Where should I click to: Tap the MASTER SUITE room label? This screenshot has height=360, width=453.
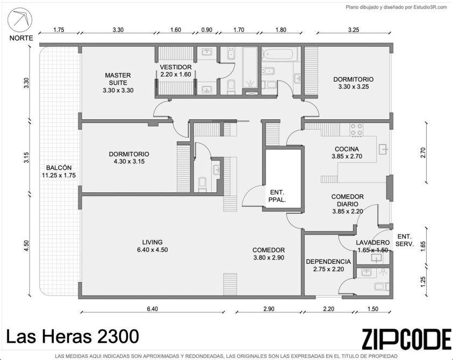(118, 79)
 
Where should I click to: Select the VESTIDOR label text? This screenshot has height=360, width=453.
(176, 67)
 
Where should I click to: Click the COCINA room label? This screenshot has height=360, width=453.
(347, 149)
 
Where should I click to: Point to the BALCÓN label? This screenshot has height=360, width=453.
(59, 168)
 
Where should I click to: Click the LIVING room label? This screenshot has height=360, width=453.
(152, 242)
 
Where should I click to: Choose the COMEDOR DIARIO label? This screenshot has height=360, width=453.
(347, 200)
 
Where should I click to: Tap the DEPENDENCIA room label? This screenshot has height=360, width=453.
(328, 262)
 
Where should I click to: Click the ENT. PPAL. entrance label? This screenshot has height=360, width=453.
(277, 196)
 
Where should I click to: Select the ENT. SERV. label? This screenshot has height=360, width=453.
(405, 240)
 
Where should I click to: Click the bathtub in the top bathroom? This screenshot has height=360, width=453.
(278, 54)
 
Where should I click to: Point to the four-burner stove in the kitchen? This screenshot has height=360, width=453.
(356, 129)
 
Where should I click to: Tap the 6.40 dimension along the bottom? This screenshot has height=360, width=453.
(152, 309)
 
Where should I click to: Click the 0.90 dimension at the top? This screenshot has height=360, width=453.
(206, 30)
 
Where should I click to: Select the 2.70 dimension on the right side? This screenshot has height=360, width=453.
(423, 152)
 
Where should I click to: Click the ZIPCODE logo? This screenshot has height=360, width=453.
(406, 339)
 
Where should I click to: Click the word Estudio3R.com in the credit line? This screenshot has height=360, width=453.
(430, 8)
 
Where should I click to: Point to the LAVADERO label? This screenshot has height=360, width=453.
(373, 243)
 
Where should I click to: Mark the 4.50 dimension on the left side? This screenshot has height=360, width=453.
(26, 246)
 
